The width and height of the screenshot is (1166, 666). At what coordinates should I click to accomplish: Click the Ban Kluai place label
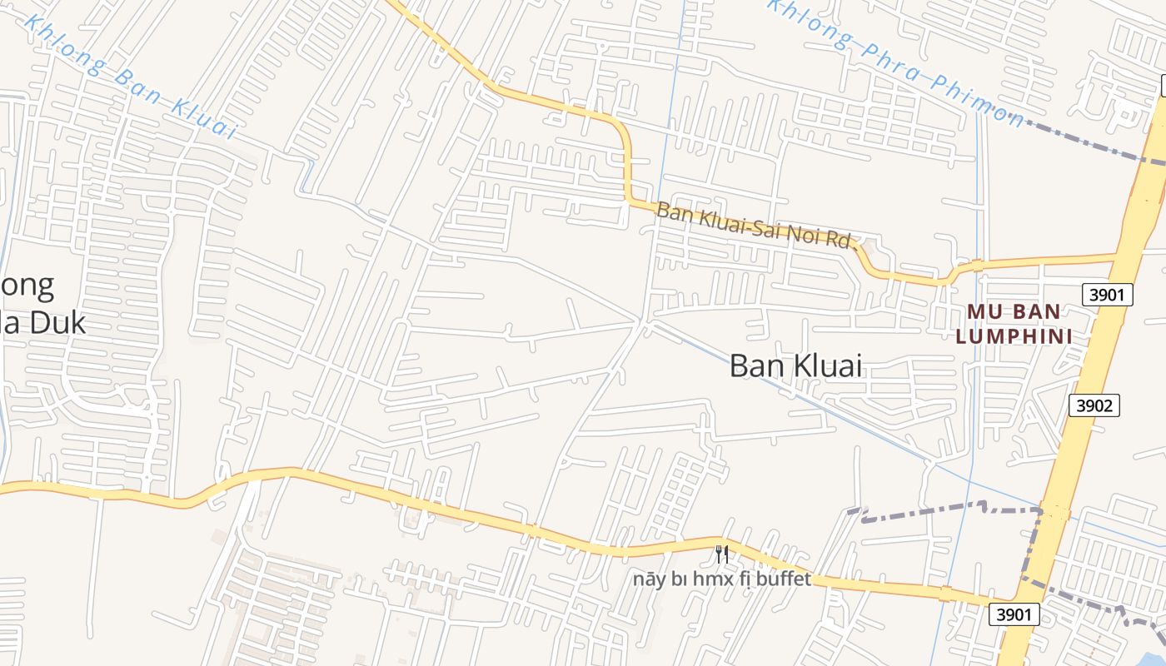(795, 365)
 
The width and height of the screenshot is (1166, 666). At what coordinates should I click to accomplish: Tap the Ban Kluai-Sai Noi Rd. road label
(756, 226)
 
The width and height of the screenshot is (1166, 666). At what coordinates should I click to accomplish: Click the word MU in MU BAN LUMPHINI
(983, 313)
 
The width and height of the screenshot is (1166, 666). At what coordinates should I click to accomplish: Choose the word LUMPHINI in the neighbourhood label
(1012, 336)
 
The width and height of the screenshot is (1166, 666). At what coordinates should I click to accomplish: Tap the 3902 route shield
(1094, 405)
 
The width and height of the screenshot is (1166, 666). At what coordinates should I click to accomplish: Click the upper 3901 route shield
(1107, 294)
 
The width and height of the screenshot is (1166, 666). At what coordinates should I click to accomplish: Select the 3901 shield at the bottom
(1014, 614)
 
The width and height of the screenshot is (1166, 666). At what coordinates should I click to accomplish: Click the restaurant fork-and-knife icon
(722, 554)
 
